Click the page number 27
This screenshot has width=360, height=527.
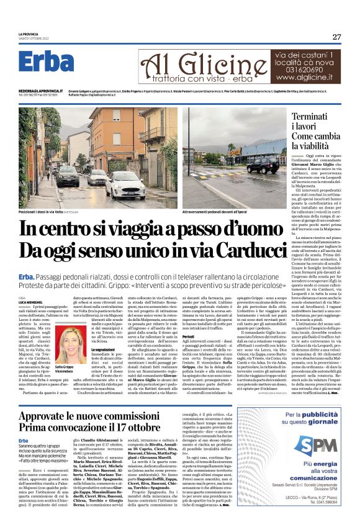point(336,37)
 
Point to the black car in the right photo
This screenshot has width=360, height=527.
point(263,166)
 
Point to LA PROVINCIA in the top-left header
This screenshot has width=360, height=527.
point(30,34)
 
